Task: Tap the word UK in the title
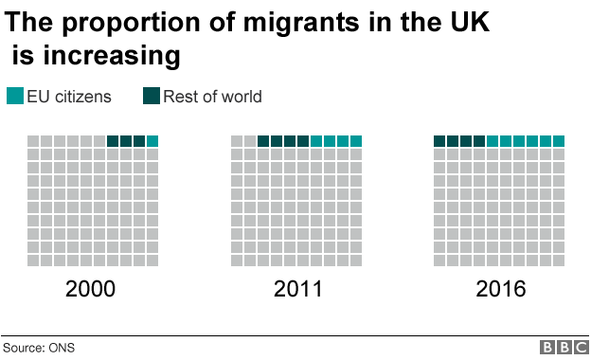(466, 22)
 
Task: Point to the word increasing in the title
(110, 56)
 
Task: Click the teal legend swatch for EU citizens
(14, 97)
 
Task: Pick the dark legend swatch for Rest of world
(152, 97)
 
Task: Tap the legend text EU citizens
(69, 97)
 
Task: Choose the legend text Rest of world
(212, 97)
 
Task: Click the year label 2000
(91, 289)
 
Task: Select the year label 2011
(296, 289)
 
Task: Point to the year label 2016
(499, 289)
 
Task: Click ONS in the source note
(62, 348)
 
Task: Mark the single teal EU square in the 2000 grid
(152, 141)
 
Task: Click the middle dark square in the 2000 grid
(126, 141)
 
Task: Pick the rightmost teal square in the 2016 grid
(559, 141)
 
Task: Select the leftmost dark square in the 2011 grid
(263, 141)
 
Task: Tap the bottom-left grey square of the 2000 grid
(33, 261)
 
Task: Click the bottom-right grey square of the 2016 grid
(559, 261)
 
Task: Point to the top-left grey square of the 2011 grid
(237, 141)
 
